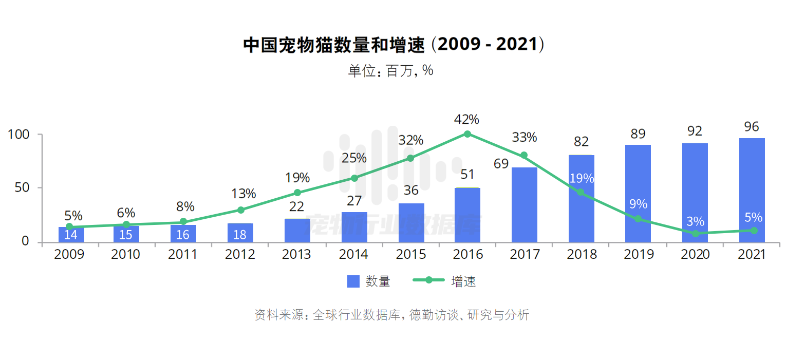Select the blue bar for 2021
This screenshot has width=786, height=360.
pyautogui.click(x=752, y=190)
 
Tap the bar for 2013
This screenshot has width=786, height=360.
pyautogui.click(x=297, y=230)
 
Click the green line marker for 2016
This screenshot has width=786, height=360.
pyautogui.click(x=467, y=134)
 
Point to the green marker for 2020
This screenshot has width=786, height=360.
pyautogui.click(x=695, y=234)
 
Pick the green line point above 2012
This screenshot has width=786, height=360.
pyautogui.click(x=240, y=210)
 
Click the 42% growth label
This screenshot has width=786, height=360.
pyautogui.click(x=466, y=120)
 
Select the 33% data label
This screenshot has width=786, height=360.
pyautogui.click(x=524, y=138)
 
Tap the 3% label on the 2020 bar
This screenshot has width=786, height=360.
pyautogui.click(x=695, y=222)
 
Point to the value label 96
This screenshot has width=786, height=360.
pyautogui.click(x=751, y=127)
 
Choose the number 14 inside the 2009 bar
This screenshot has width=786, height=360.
pyautogui.click(x=70, y=235)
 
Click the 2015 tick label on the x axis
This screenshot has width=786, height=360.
pyautogui.click(x=411, y=255)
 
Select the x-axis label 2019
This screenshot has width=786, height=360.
pyautogui.click(x=638, y=255)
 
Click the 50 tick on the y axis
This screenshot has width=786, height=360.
pyautogui.click(x=22, y=188)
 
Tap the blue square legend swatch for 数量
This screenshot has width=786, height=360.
pyautogui.click(x=353, y=281)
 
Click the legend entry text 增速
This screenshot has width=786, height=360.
pyautogui.click(x=463, y=281)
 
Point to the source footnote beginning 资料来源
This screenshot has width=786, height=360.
pyautogui.click(x=391, y=315)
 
